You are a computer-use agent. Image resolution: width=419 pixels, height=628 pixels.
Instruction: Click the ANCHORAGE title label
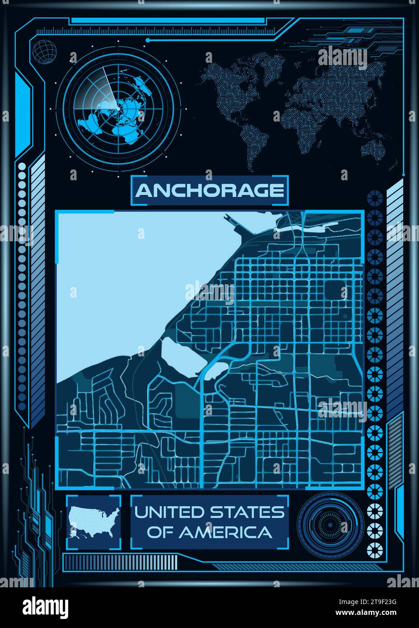(209, 191)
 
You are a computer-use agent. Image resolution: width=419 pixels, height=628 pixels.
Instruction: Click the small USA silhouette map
(94, 523)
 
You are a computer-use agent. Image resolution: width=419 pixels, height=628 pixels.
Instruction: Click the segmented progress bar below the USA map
(120, 561)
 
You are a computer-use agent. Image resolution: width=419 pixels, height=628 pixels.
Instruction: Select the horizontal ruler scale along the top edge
(158, 31)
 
